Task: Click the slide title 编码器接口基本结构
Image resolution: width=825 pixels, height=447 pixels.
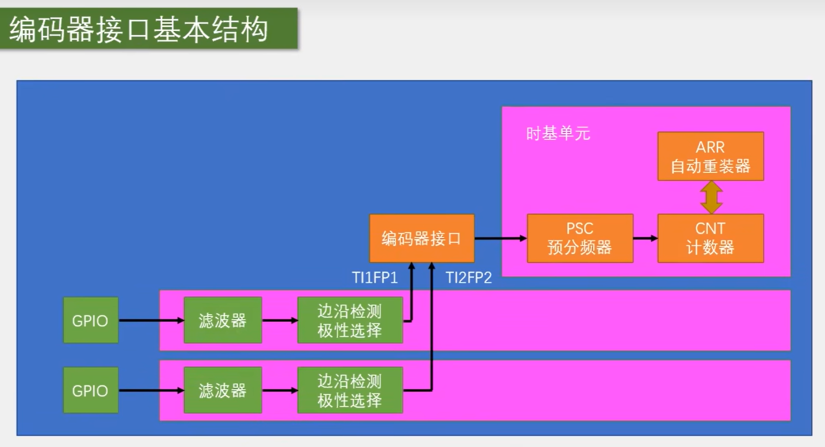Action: tap(139, 29)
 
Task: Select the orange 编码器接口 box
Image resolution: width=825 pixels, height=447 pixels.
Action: tap(422, 238)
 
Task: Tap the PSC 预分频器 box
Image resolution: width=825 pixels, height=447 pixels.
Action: tap(580, 238)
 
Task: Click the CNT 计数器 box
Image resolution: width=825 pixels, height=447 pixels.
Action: tap(710, 238)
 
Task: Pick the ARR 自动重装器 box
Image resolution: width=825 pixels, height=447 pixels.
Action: tap(710, 156)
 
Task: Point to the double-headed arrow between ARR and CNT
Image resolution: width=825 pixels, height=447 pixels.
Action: tap(711, 197)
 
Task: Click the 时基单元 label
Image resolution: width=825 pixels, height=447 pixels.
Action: tap(558, 134)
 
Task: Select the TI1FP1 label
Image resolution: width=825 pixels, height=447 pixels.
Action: tap(375, 278)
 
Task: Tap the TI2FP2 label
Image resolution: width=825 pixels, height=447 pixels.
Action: tap(469, 278)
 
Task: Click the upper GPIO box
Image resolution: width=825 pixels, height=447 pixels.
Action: tap(90, 320)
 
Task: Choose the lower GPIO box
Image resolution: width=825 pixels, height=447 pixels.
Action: tap(90, 390)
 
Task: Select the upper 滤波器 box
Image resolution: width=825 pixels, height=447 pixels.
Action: tap(222, 320)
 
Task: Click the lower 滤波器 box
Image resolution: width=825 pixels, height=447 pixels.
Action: tap(222, 390)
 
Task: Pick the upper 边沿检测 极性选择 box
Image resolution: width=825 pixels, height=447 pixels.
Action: tap(350, 320)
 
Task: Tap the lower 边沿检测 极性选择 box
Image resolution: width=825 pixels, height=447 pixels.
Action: tap(350, 390)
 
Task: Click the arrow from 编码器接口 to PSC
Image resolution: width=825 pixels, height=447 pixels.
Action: tap(500, 238)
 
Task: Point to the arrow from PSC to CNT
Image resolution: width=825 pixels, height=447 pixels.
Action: tap(645, 238)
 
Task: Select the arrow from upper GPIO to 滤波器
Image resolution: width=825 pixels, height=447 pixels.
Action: tap(151, 320)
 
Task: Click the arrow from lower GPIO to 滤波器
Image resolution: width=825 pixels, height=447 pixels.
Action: tap(151, 390)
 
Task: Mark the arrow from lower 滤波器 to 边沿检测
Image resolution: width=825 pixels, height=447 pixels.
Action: tap(280, 390)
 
